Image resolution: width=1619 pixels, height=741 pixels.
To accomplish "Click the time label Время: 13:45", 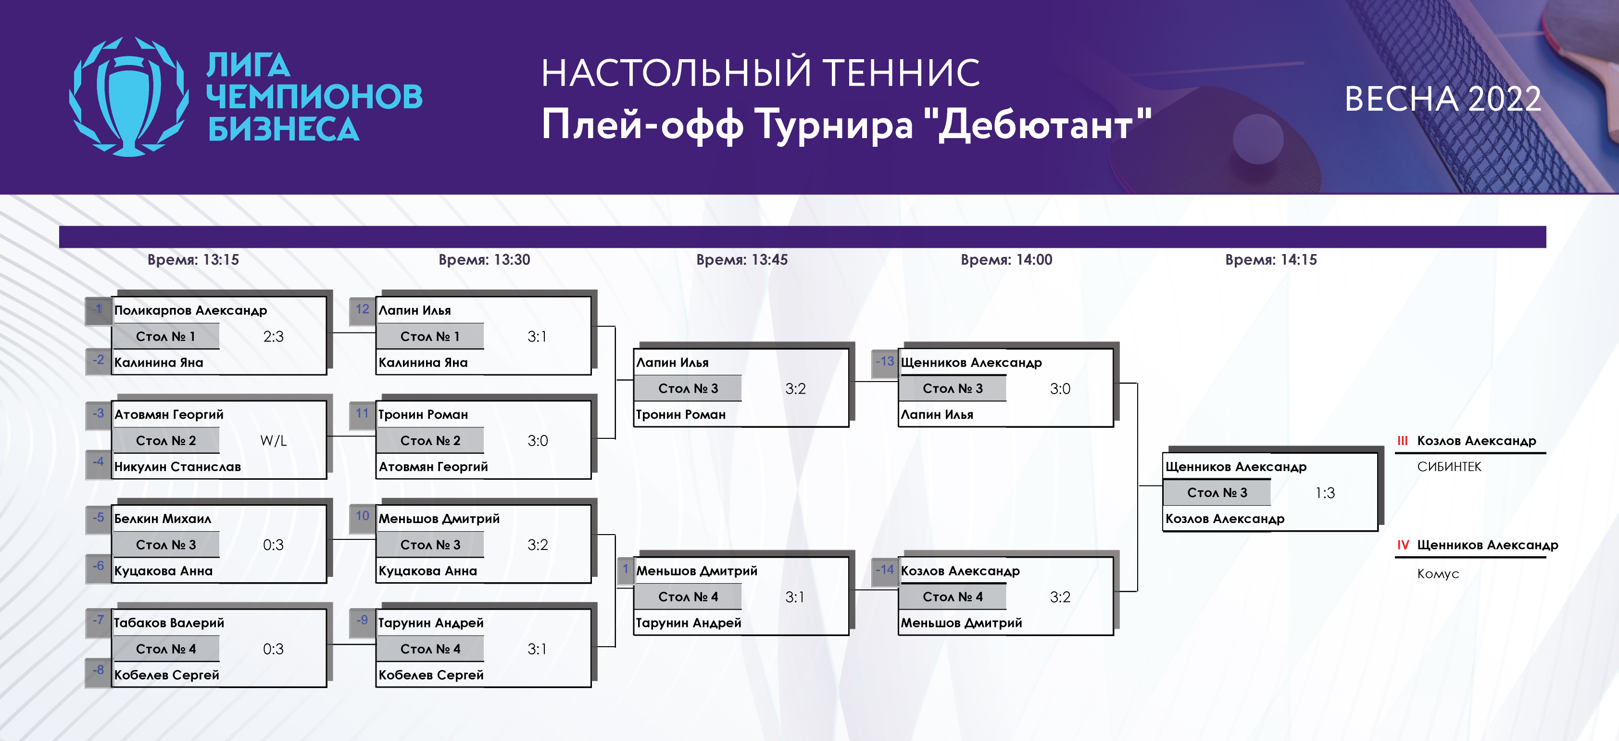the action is click(x=741, y=260).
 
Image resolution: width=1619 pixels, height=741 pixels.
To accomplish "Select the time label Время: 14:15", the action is click(x=1271, y=260).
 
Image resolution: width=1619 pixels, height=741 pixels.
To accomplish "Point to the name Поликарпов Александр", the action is click(x=190, y=310).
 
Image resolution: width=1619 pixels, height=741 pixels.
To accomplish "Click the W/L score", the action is click(x=274, y=441).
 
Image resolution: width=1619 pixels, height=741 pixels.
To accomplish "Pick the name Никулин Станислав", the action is click(x=178, y=467).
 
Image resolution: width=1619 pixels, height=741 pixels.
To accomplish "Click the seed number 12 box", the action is click(x=363, y=310).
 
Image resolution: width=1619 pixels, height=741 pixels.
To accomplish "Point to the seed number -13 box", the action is click(x=885, y=362).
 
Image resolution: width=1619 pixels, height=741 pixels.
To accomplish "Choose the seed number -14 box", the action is click(x=885, y=571).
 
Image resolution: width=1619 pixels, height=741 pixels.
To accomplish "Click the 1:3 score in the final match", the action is click(x=1325, y=493).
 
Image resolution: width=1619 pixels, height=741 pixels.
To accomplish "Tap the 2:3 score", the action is click(x=274, y=336).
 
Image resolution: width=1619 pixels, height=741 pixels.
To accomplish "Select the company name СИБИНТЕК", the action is click(x=1449, y=467).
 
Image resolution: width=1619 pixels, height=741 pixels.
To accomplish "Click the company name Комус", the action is click(x=1438, y=574).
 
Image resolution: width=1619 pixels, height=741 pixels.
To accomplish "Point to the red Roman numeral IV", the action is click(x=1403, y=545).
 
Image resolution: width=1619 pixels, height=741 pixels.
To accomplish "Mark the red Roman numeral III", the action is click(x=1402, y=441).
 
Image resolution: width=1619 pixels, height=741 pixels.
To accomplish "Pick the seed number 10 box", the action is click(x=363, y=518).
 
